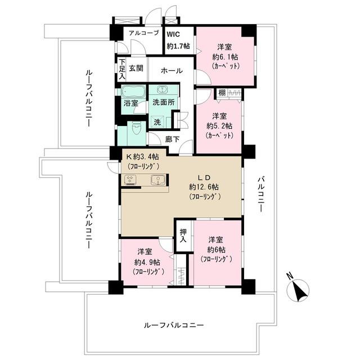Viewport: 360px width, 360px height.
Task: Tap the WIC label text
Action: [x=173, y=33]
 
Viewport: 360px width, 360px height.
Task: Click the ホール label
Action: [x=170, y=70]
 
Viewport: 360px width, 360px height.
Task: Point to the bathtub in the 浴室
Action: [x=133, y=92]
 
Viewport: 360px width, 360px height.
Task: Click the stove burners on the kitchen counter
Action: [x=130, y=181]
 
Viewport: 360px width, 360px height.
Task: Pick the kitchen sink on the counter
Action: [x=158, y=181]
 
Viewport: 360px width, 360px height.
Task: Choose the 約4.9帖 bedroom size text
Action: [x=147, y=262]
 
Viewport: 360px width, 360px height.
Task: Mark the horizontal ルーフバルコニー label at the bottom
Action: [x=173, y=325]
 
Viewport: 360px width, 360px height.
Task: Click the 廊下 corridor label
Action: [x=172, y=139]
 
